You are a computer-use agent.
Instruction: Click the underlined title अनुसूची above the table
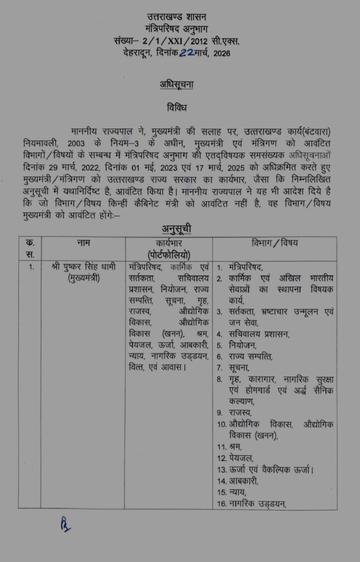[176, 229]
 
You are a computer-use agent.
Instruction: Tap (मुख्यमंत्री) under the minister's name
[84, 279]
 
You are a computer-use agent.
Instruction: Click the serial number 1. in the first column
[31, 268]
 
